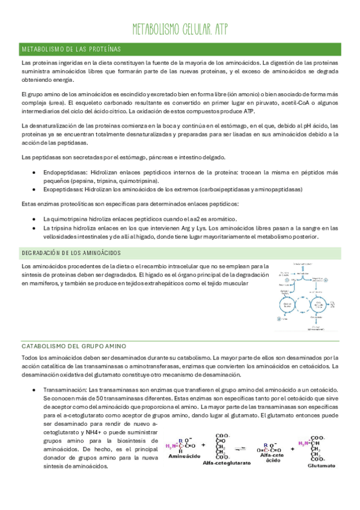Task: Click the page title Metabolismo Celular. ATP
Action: click(180, 29)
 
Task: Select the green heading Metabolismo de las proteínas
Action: click(70, 48)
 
